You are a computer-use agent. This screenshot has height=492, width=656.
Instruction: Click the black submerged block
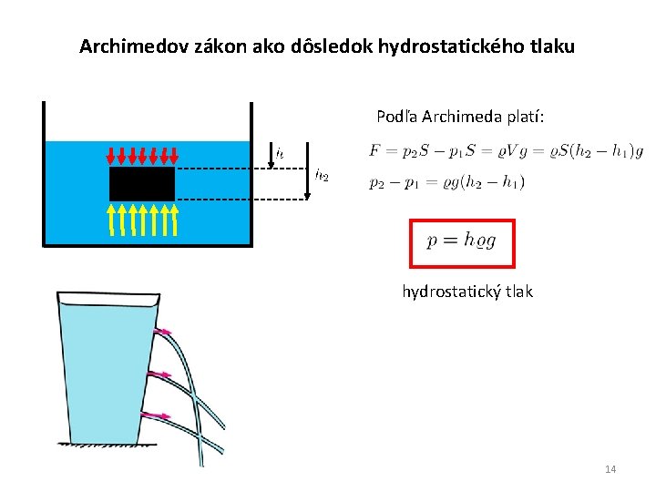pos(142,184)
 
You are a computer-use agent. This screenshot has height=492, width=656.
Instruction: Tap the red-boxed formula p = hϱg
pos(462,242)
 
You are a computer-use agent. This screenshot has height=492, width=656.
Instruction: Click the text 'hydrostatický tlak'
pos(467,292)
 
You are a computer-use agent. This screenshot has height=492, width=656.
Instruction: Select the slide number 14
pos(610,468)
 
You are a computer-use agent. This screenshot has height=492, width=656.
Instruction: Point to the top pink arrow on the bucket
pos(165,333)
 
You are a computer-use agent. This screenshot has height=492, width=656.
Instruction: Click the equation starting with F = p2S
pos(505,151)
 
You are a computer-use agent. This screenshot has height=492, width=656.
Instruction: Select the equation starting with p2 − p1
pos(446,182)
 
